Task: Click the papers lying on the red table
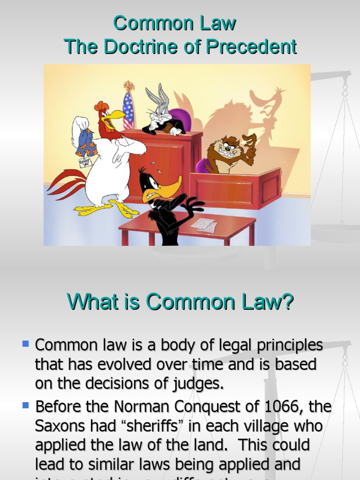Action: [x=204, y=225]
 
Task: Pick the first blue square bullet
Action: [x=25, y=344]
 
